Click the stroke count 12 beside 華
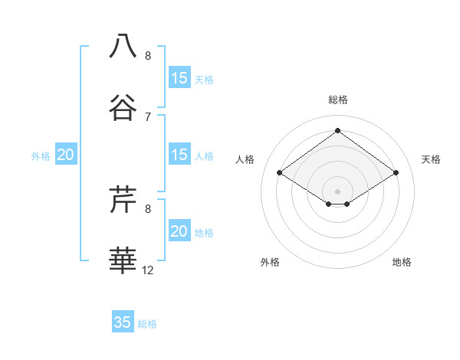[x=148, y=270]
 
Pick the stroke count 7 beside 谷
[x=148, y=116]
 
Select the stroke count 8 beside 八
[x=148, y=55]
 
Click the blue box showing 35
[x=123, y=322]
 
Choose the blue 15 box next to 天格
[x=179, y=78]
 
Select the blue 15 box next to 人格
[x=179, y=155]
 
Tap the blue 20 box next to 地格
[x=179, y=231]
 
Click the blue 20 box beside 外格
[x=66, y=155]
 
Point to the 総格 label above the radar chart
[x=337, y=100]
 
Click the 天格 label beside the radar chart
[x=431, y=159]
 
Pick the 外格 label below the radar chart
[x=270, y=262]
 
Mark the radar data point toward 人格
[x=280, y=173]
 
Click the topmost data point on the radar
[x=337, y=131]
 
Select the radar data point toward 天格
[x=396, y=173]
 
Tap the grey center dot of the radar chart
[x=337, y=191]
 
